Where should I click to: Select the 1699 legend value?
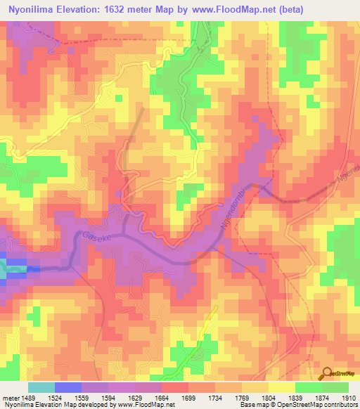[188, 398]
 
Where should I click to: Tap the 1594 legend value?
[108, 398]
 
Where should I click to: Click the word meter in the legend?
[9, 398]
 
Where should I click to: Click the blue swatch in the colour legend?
[67, 387]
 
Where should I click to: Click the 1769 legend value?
[242, 398]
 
